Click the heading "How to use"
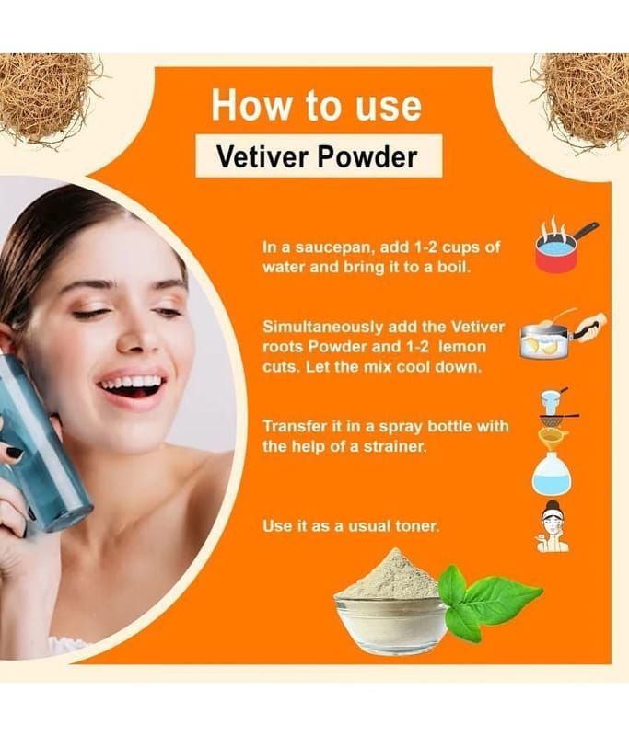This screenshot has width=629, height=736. (316, 106)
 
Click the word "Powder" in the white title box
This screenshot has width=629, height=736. (367, 156)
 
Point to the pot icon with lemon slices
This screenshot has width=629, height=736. (563, 335)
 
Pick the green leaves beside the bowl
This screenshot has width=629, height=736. (488, 597)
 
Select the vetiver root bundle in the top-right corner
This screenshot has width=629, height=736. (583, 100)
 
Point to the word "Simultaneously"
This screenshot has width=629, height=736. (322, 328)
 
